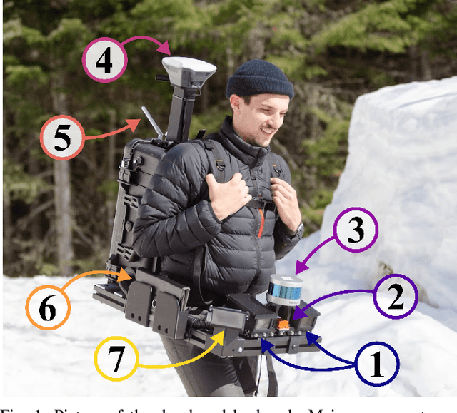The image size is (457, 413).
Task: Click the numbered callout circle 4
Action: tap(104, 60)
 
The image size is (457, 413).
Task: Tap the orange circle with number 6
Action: tap(47, 309)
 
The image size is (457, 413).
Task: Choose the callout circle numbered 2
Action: tap(395, 295)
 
